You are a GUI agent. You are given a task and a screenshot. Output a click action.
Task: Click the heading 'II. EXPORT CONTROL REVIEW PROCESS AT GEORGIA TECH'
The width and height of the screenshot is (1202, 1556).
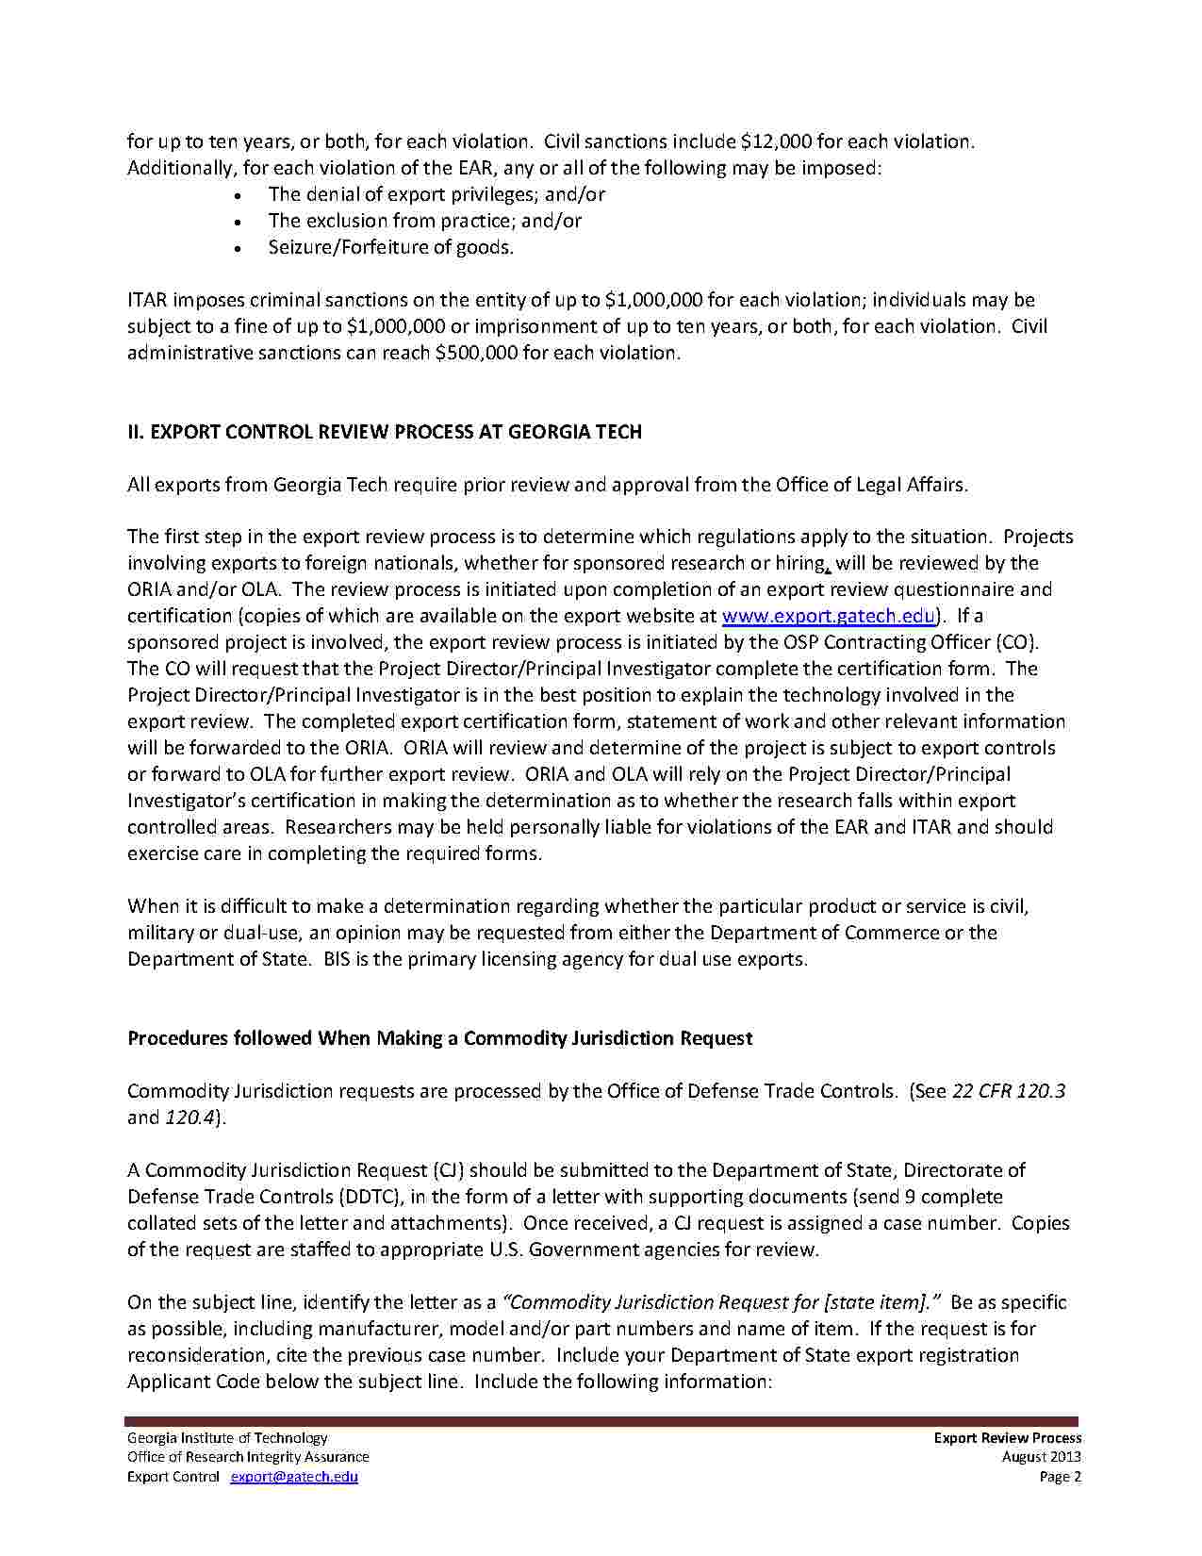pyautogui.click(x=385, y=432)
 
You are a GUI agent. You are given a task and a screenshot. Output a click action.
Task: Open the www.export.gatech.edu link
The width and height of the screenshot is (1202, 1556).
pyautogui.click(x=828, y=616)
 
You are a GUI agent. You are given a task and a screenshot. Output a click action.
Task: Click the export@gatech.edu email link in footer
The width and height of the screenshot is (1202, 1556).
pyautogui.click(x=294, y=1477)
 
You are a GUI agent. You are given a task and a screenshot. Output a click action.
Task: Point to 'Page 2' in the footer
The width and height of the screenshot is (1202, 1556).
pyautogui.click(x=1060, y=1477)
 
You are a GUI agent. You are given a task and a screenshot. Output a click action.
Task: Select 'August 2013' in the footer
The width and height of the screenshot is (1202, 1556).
pyautogui.click(x=1041, y=1457)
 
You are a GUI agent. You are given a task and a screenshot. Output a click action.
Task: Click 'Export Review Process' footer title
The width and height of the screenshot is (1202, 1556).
pyautogui.click(x=1007, y=1438)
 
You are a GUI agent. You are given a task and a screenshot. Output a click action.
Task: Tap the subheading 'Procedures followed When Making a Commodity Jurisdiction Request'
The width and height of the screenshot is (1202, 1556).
pyautogui.click(x=439, y=1038)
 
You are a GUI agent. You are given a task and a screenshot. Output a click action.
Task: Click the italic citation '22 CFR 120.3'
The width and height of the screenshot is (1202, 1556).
pyautogui.click(x=1009, y=1091)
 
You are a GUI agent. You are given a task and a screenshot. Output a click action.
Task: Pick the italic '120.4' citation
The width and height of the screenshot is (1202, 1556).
pyautogui.click(x=189, y=1117)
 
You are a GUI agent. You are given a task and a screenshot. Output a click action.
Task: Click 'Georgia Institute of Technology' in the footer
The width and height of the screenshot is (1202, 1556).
pyautogui.click(x=227, y=1438)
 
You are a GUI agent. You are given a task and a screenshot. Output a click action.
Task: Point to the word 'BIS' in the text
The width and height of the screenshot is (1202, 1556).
pyautogui.click(x=337, y=959)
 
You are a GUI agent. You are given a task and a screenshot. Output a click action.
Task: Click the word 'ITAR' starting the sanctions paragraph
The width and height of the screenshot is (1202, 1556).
pyautogui.click(x=147, y=300)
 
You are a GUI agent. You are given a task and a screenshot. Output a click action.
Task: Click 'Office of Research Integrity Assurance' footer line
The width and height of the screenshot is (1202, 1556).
pyautogui.click(x=248, y=1457)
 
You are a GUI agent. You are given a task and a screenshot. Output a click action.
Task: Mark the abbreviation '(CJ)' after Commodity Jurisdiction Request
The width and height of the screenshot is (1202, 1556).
pyautogui.click(x=448, y=1170)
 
